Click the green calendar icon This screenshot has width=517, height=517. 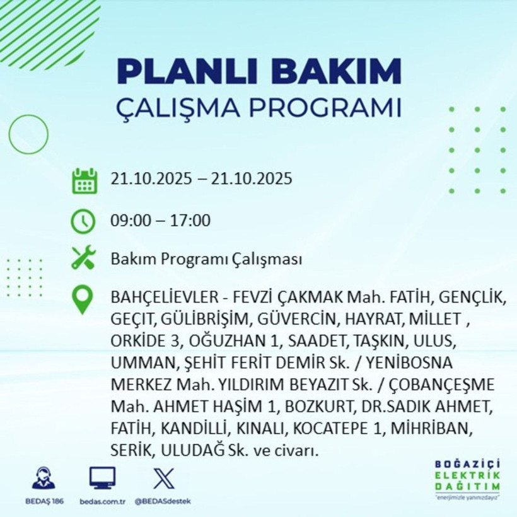(84, 180)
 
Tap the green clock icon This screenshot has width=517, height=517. (83, 221)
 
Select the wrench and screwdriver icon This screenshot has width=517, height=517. (83, 258)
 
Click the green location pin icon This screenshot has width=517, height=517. (83, 300)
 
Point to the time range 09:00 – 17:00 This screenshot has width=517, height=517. (160, 221)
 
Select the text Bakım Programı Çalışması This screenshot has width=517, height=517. (206, 259)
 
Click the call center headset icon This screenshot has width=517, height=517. (44, 479)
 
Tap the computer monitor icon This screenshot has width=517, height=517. (102, 479)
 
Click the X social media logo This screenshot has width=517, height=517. (163, 479)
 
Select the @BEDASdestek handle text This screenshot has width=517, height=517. (163, 501)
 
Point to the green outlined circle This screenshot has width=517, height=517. (28, 134)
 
